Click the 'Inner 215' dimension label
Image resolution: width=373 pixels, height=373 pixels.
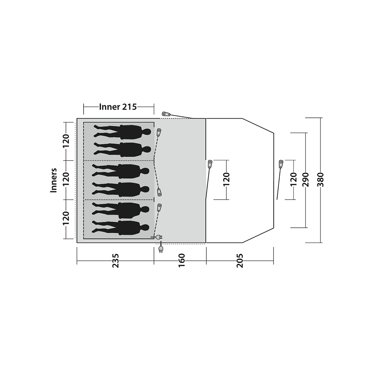tap(118, 107)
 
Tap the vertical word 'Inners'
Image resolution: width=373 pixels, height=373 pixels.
tap(54, 180)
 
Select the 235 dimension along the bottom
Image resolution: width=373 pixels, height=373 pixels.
tap(115, 261)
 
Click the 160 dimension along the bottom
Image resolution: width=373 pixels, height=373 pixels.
tap(182, 260)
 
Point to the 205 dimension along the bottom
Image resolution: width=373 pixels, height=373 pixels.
tap(240, 261)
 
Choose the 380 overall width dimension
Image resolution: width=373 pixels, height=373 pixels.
tap(321, 179)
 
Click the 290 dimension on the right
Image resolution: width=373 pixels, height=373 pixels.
tap(306, 180)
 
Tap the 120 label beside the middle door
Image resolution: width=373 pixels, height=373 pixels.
tap(226, 179)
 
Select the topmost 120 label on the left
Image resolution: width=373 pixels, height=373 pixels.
tap(66, 141)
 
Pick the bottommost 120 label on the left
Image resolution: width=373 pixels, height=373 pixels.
tap(66, 218)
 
